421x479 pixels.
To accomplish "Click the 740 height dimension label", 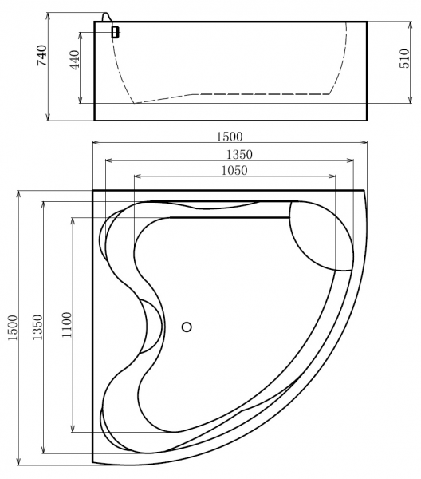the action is coord(41,55).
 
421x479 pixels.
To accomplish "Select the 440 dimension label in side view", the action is coord(75,60).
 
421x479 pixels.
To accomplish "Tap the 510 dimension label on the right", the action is coord(404,58).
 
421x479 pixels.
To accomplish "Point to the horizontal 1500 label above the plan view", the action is coord(230,137).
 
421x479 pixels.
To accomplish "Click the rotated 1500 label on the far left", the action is coord(13,328).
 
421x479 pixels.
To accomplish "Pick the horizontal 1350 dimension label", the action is coord(239,155).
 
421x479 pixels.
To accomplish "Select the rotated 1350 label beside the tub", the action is coord(37,327).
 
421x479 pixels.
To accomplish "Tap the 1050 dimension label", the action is coord(234,170).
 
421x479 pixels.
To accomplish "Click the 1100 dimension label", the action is coord(66,324).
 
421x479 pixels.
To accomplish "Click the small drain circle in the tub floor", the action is coord(187,327).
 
